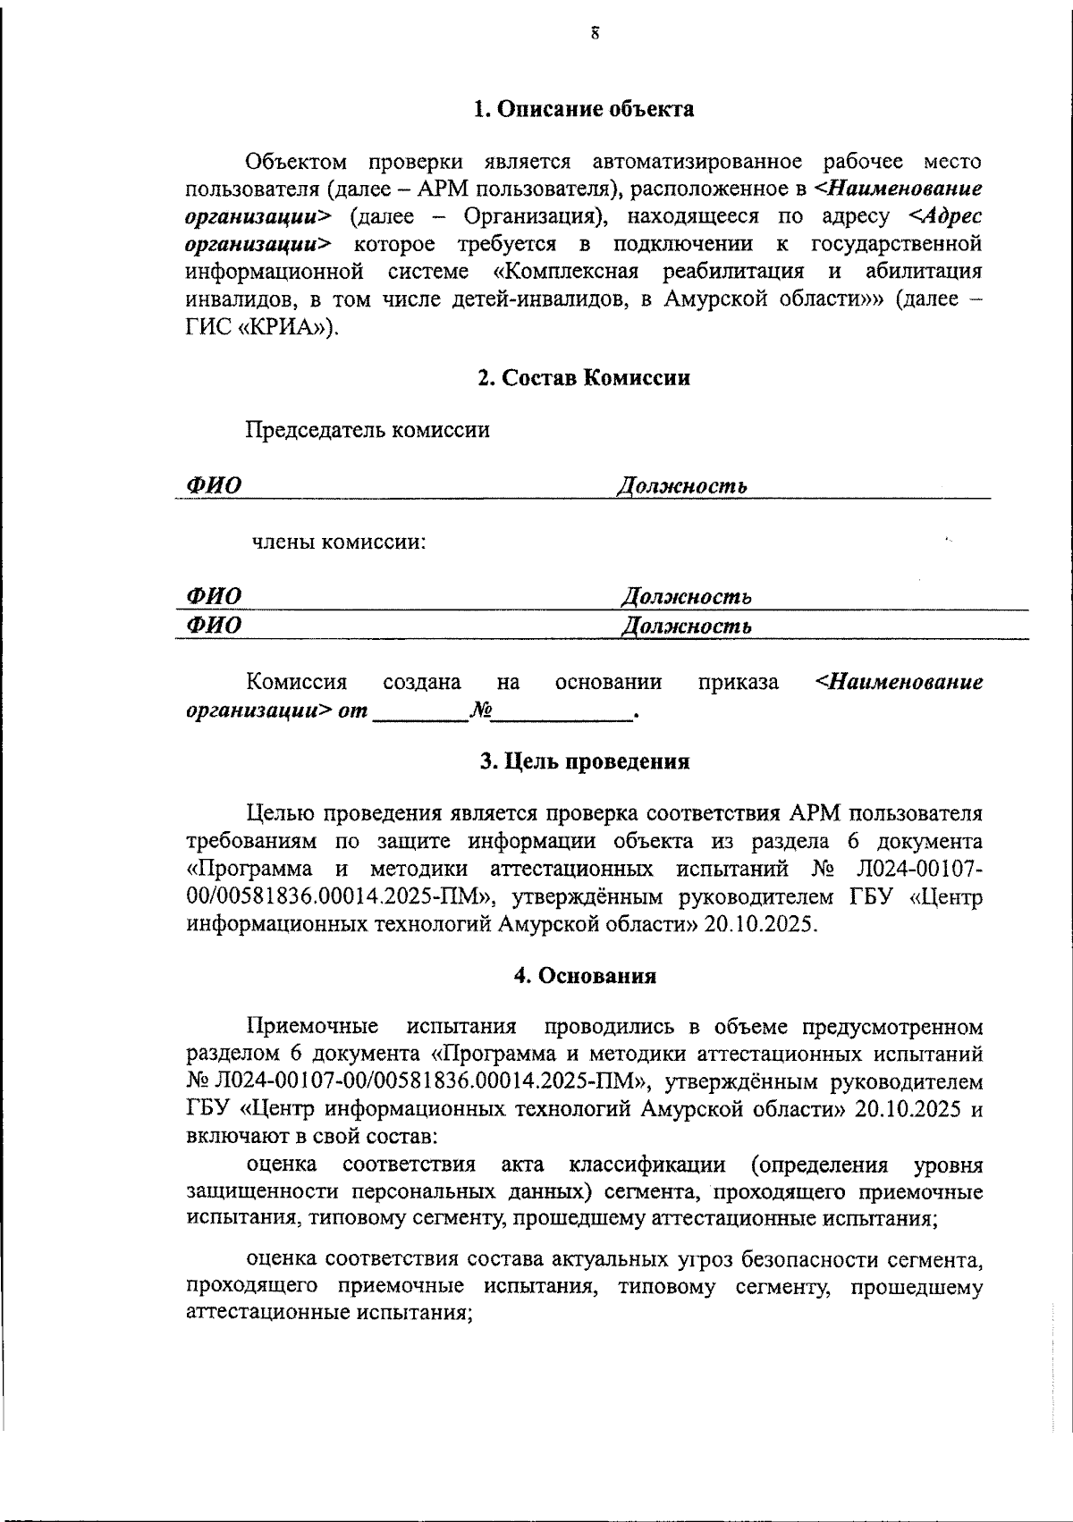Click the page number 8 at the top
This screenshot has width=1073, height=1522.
click(x=594, y=35)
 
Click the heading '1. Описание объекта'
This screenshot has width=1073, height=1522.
click(x=583, y=109)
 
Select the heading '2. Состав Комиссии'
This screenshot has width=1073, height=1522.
click(x=583, y=377)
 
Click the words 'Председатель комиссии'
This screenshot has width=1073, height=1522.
click(x=368, y=430)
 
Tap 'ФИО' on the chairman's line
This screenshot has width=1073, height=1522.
click(x=213, y=486)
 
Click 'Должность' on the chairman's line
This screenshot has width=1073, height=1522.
click(x=681, y=486)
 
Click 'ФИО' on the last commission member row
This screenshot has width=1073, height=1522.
click(x=213, y=626)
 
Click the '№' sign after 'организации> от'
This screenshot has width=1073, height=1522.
click(x=481, y=711)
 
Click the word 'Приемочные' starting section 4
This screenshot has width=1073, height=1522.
click(x=312, y=1026)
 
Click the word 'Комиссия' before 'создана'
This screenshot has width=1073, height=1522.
click(x=296, y=683)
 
